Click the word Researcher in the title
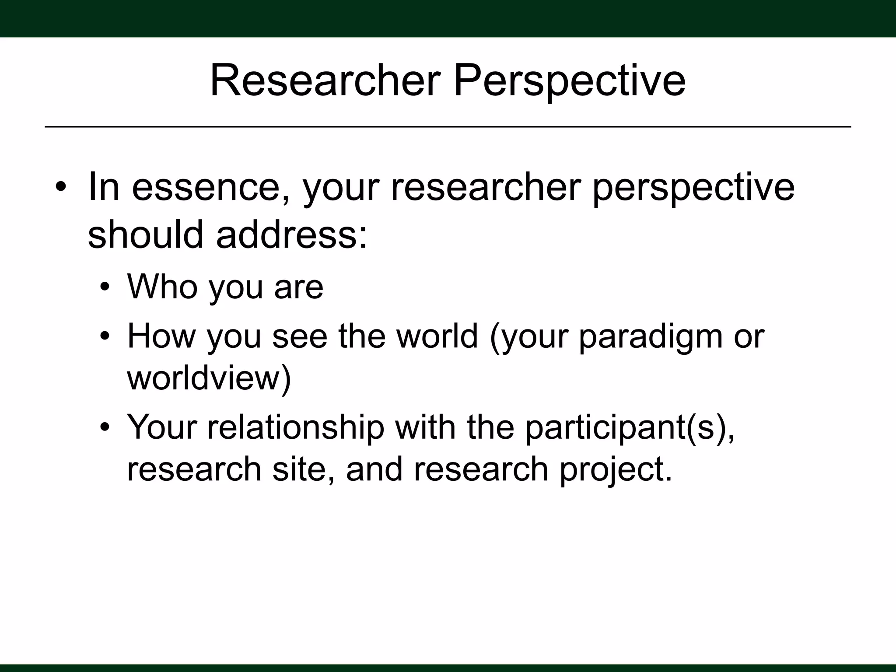pos(325,81)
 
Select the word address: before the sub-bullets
pos(291,234)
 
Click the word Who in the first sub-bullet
pos(162,287)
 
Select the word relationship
pos(295,427)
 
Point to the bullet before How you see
pos(104,336)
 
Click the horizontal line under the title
pos(448,127)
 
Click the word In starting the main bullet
pos(104,187)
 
